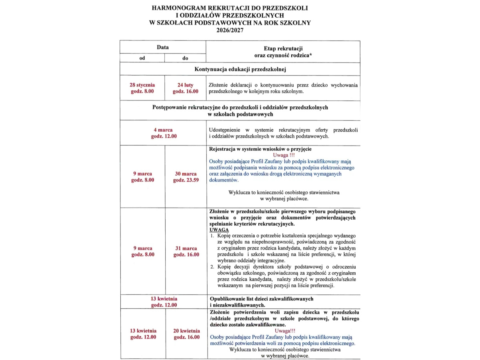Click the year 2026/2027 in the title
point(230,30)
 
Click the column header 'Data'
point(163,47)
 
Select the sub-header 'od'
point(142,58)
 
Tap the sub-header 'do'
point(185,58)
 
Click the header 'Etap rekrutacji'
point(283,48)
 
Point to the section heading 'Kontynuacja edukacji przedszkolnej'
point(240,69)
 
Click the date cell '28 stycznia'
point(142,85)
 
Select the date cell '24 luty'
point(185,85)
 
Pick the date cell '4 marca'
point(163,130)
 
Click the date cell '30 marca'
point(185,174)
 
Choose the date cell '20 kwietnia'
point(186,331)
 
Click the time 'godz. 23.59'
point(185,180)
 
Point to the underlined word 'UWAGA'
point(219,230)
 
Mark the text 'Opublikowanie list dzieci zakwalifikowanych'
point(261,299)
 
